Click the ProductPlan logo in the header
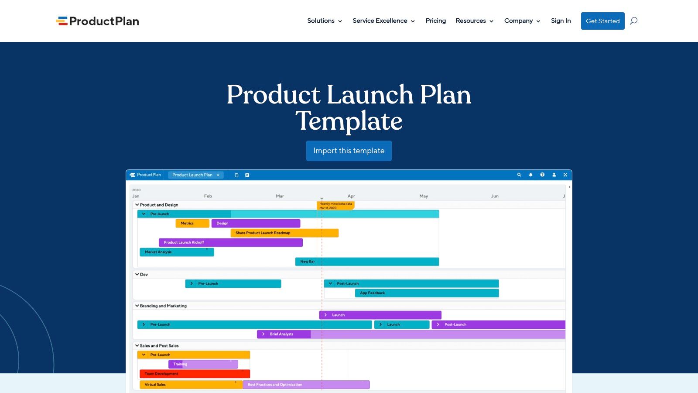97,21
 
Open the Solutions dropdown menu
324,21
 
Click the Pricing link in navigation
435,21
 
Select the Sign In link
561,21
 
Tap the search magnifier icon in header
633,21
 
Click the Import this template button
349,151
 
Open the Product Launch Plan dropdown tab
195,175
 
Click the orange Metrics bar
192,223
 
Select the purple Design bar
256,223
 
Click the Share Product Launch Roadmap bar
284,233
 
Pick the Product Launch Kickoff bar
230,242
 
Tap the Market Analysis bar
176,252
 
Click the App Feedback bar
427,293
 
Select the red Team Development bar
194,374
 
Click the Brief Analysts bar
284,334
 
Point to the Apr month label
351,196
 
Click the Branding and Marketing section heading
163,306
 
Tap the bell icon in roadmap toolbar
530,175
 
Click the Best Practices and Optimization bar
306,385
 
